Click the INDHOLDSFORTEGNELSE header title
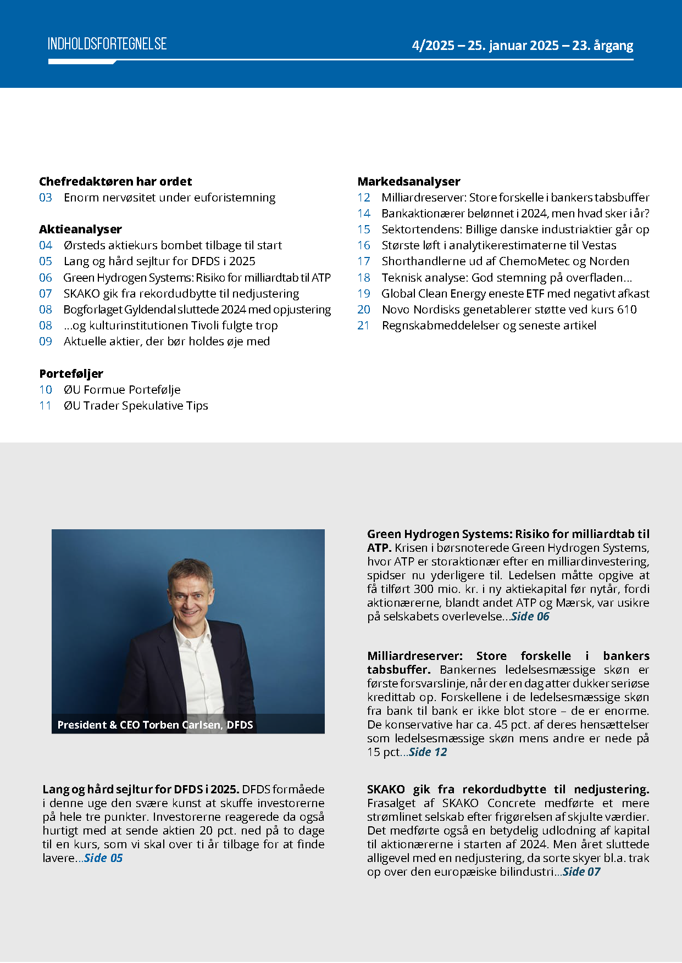point(107,44)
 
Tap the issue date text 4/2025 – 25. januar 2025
point(485,46)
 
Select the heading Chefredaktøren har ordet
point(115,182)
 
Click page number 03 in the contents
point(46,198)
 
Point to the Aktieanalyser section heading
point(80,229)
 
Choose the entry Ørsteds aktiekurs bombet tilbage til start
point(173,245)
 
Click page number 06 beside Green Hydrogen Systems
point(46,278)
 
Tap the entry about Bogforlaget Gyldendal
point(197,310)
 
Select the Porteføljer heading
point(71,374)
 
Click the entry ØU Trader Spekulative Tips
point(136,406)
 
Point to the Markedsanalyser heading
point(409,182)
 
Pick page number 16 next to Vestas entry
point(364,245)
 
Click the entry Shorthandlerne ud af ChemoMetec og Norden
point(505,261)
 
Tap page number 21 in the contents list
point(363,326)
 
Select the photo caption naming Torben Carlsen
point(155,725)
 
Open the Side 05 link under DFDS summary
point(103,858)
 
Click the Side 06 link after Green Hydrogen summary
point(530,617)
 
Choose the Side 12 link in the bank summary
point(428,752)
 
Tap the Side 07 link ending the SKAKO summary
point(581,872)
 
